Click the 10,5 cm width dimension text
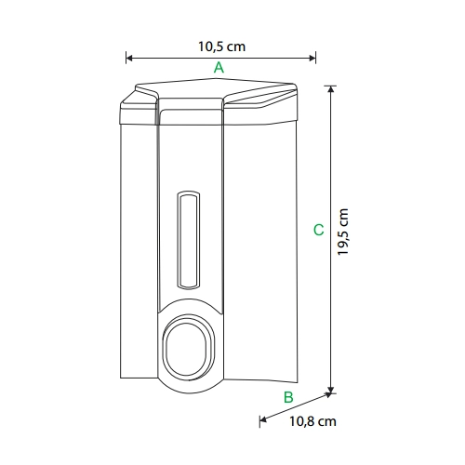pyautogui.click(x=221, y=46)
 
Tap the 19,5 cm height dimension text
pyautogui.click(x=343, y=232)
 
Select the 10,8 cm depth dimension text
pyautogui.click(x=312, y=421)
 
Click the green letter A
pyautogui.click(x=219, y=67)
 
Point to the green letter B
pyautogui.click(x=288, y=397)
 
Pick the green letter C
pyautogui.click(x=318, y=230)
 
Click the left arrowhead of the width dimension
pyautogui.click(x=129, y=58)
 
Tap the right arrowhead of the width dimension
pyautogui.click(x=312, y=58)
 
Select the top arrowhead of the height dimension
pyautogui.click(x=331, y=89)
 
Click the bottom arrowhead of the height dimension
pyautogui.click(x=331, y=390)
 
